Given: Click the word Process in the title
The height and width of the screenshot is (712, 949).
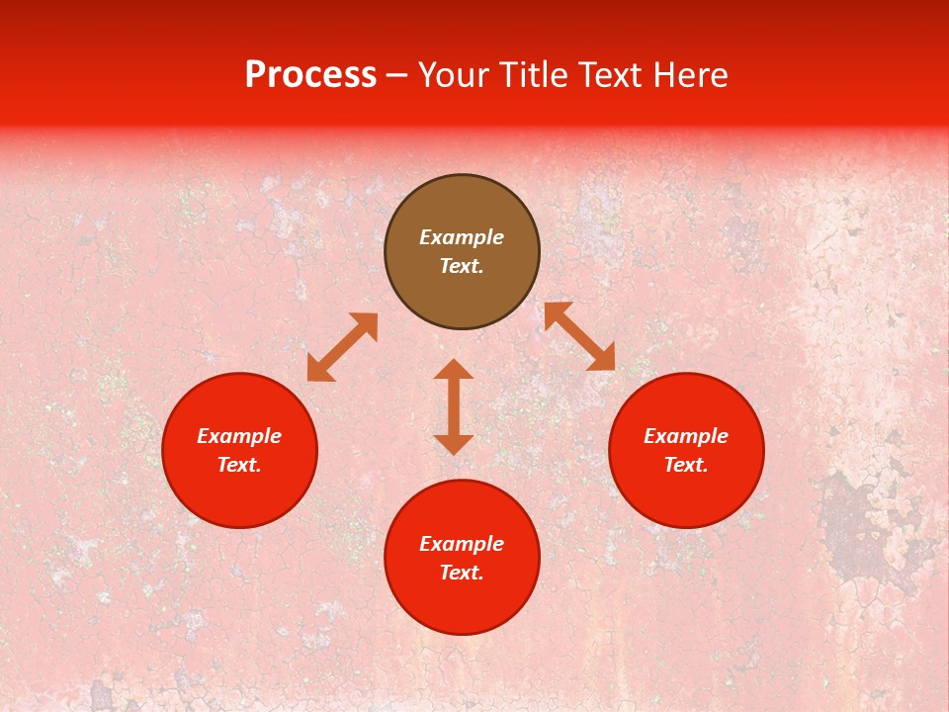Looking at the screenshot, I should (x=310, y=75).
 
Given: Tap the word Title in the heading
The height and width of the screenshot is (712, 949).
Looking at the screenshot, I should (x=532, y=75).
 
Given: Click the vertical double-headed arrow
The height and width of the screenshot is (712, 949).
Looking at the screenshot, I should (x=454, y=406).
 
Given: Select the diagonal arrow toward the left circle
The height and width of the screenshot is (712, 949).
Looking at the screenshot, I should (x=342, y=347).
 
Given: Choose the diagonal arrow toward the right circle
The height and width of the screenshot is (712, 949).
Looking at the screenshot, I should (x=579, y=336).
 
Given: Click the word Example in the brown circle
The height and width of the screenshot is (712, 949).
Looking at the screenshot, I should (x=462, y=237).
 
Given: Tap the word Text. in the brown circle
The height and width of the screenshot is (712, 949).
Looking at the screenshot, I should (x=462, y=266).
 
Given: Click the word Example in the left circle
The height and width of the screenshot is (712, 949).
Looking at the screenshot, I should (x=239, y=436).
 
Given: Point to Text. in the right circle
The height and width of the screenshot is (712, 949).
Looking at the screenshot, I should (x=686, y=465).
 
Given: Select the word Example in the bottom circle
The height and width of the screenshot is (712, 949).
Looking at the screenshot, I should (x=462, y=544).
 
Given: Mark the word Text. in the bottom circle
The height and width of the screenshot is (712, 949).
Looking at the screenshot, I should (x=462, y=573).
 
